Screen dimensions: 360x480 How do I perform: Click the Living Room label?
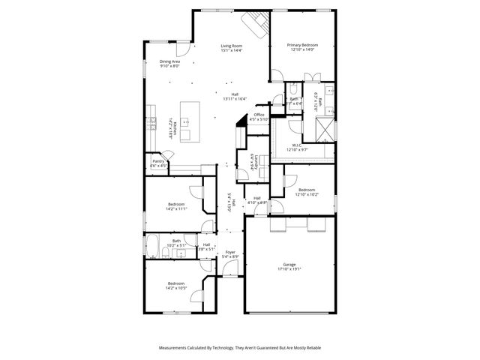pos(231,46)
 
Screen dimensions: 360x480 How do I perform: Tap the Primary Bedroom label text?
pos(303,45)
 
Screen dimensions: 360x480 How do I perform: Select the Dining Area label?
pos(170,61)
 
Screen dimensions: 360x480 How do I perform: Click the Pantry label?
pos(158,160)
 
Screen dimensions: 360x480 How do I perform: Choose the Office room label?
pos(259,114)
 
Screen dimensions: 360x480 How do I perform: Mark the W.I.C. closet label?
pos(297,145)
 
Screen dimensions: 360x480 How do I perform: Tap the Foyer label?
pos(230,253)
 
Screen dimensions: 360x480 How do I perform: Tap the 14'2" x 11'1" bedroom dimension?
pos(176,208)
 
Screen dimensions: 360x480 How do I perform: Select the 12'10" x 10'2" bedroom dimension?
pos(307,194)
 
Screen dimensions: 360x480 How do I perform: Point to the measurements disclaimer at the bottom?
pos(239,348)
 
